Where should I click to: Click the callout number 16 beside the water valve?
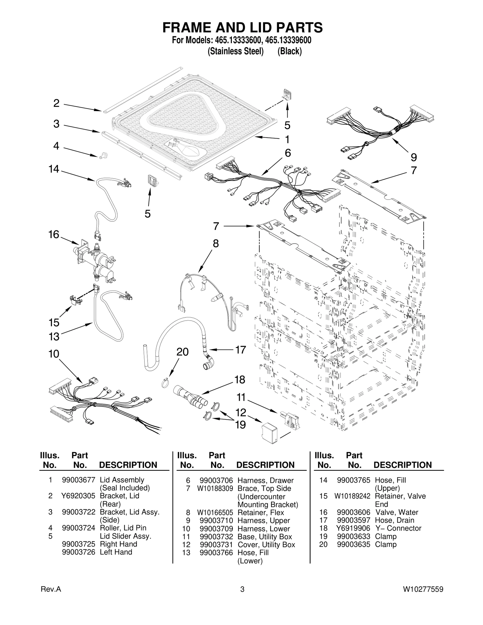54,234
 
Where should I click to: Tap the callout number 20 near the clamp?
182,352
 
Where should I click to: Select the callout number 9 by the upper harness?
414,157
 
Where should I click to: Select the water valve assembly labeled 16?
94,261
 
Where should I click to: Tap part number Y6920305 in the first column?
78,496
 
